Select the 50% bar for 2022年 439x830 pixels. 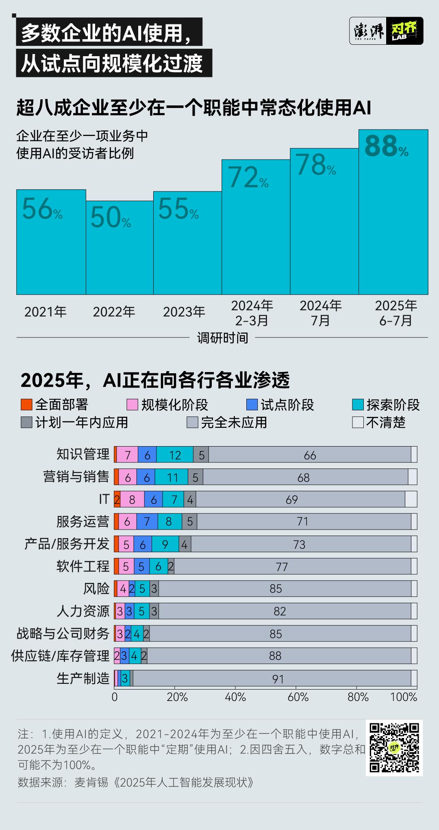(x=120, y=252)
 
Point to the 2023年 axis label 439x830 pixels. (x=184, y=312)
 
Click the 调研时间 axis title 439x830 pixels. (x=222, y=338)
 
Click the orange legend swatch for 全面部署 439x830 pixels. (x=26, y=405)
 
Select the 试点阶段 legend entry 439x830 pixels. (x=280, y=405)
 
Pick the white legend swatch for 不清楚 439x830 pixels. (x=358, y=423)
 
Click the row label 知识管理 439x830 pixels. (x=83, y=454)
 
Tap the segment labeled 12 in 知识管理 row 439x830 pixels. (x=175, y=455)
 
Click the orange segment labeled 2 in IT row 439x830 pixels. (x=117, y=499)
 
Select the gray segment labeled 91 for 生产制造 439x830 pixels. (x=278, y=679)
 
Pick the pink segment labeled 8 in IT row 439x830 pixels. (x=132, y=499)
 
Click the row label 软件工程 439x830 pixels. (x=83, y=566)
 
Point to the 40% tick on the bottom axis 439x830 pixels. (x=235, y=697)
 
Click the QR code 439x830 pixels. (x=394, y=748)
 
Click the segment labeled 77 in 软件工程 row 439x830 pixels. (x=282, y=567)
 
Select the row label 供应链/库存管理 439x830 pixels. (x=60, y=656)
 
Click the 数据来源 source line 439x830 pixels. (x=136, y=782)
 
